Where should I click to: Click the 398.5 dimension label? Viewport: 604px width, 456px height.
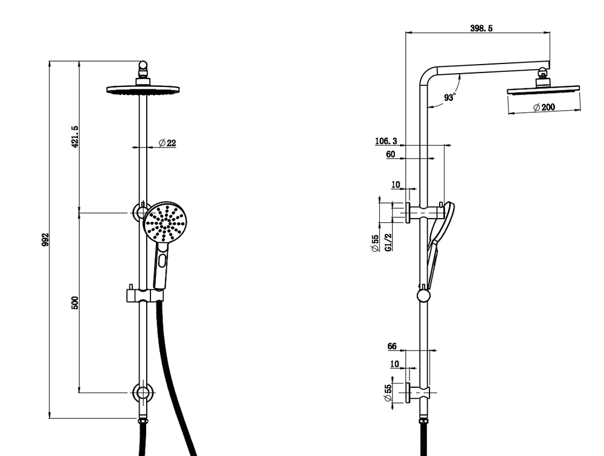tap(481, 28)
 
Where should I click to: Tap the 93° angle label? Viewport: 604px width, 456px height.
tap(450, 97)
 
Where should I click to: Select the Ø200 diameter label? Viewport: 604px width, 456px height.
tap(544, 107)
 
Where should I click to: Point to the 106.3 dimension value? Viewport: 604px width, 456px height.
tap(386, 141)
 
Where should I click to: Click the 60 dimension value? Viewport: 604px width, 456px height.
tap(391, 155)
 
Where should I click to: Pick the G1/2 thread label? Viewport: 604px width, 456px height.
tap(388, 242)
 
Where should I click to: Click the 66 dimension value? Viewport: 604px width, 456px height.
tap(392, 346)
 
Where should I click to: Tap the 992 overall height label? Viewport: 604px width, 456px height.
tap(45, 239)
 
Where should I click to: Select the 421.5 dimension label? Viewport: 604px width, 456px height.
tap(75, 136)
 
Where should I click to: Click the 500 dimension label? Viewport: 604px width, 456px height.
tap(75, 303)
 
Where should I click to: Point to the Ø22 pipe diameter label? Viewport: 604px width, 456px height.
tap(167, 143)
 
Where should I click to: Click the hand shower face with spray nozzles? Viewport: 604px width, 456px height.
tap(165, 222)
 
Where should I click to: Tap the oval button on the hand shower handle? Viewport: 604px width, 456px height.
tap(162, 260)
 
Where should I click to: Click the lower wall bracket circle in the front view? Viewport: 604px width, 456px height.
tap(143, 393)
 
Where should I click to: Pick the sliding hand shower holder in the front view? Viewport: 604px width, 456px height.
tap(145, 295)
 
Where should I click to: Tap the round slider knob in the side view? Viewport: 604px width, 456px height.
tap(424, 295)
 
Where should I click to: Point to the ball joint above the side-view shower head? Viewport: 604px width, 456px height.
tap(543, 71)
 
